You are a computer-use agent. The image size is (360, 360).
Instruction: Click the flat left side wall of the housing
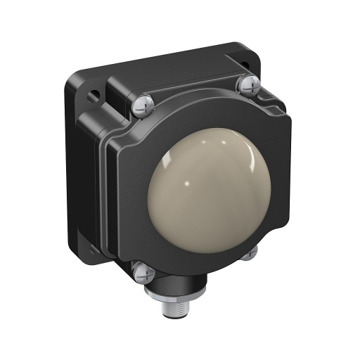79,169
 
